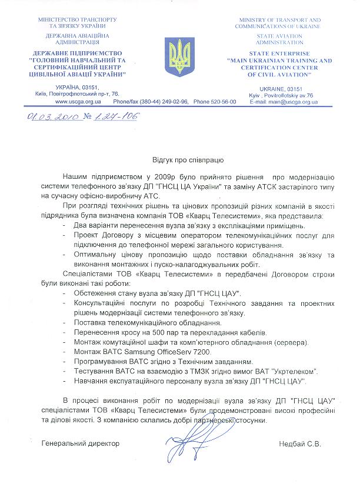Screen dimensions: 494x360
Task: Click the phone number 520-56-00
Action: (224, 101)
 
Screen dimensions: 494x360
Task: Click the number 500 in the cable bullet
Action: (152, 332)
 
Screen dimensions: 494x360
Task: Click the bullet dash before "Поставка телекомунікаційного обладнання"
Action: (64, 322)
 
